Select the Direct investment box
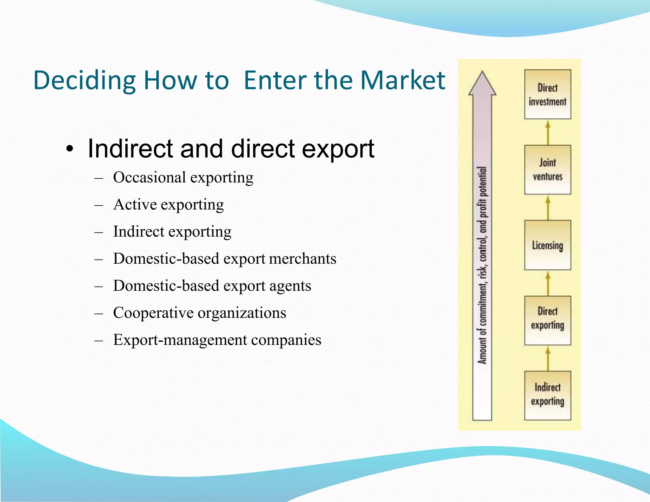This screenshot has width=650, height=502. pos(547,95)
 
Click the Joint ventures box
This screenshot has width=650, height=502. pos(547,170)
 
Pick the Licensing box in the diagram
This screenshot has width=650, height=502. pos(547,245)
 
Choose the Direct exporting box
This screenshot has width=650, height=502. pos(547,320)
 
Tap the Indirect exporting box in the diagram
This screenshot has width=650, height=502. pos(547,395)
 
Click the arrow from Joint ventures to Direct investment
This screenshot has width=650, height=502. pos(548,132)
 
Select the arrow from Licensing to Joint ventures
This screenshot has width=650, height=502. pos(548,208)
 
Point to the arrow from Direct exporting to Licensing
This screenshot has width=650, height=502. pos(548,283)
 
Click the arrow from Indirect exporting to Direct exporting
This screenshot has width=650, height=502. pos(548,358)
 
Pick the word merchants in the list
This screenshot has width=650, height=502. pos(302,259)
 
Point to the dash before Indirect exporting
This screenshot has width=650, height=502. pos(99,232)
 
